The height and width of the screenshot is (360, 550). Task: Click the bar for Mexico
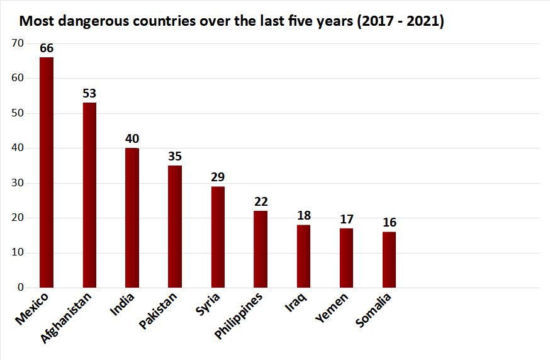coord(47,172)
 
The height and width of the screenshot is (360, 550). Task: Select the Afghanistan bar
coord(89,195)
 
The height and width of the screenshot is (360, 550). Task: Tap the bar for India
coord(132,218)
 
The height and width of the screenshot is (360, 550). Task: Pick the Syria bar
coord(218,237)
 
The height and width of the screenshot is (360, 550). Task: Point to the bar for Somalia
coord(389,260)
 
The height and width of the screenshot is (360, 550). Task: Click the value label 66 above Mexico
coord(47,48)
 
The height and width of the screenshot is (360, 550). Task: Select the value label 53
coord(89,93)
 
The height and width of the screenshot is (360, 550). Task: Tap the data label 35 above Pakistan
coord(175,156)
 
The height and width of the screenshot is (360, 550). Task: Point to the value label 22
coord(261,201)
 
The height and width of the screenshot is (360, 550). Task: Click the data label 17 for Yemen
coord(346,219)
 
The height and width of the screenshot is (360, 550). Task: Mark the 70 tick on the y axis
coord(18,43)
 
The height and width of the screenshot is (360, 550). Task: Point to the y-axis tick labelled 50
coord(18,113)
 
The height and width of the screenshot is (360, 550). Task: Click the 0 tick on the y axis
coord(21,288)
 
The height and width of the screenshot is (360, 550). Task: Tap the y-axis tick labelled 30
coord(18,183)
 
